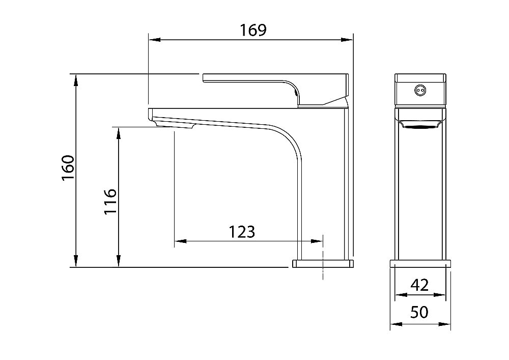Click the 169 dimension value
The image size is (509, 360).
pyautogui.click(x=253, y=30)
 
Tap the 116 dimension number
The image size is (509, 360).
pyautogui.click(x=110, y=201)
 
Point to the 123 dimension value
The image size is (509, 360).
pyautogui.click(x=242, y=232)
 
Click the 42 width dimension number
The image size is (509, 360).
pyautogui.click(x=419, y=285)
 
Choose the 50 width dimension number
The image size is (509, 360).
pyautogui.click(x=419, y=312)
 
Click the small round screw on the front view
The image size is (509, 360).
pyautogui.click(x=420, y=90)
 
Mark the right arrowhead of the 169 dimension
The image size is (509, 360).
pyautogui.click(x=347, y=40)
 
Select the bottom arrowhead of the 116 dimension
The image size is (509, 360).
pyautogui.click(x=119, y=261)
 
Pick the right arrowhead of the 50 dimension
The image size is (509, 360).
pyautogui.click(x=444, y=324)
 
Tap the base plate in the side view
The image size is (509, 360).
pyautogui.click(x=322, y=263)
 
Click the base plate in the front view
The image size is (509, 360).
pyautogui.click(x=420, y=263)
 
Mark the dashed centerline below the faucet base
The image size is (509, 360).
pyautogui.click(x=323, y=257)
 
